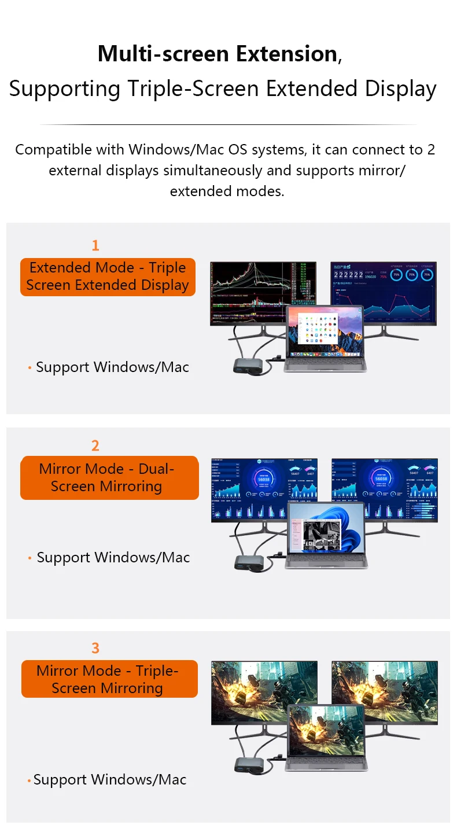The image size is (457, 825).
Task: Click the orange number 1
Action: tap(95, 245)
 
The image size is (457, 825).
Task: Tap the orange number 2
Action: tap(95, 445)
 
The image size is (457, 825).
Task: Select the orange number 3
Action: tap(95, 648)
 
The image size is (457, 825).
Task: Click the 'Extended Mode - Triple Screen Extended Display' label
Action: tap(108, 277)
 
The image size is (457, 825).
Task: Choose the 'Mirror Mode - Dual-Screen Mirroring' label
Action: tap(109, 478)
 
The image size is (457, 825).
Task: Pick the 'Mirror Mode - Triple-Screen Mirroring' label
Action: tap(109, 679)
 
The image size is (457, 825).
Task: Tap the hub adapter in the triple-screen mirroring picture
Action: tap(248, 764)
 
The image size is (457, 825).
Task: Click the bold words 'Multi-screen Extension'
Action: tap(218, 54)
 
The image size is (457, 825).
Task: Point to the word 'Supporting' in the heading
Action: tap(64, 89)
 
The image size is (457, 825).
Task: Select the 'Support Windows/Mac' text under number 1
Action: tap(112, 367)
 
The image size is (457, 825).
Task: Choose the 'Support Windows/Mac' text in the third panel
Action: tap(110, 780)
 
